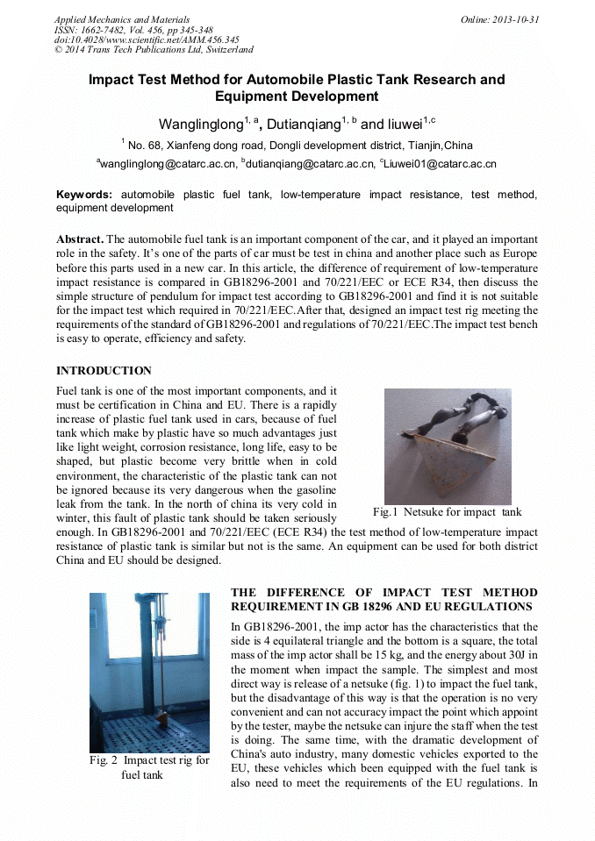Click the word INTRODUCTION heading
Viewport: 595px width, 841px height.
coord(104,371)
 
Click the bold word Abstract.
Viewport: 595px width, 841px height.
coord(80,239)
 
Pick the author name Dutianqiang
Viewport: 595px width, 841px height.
coord(303,124)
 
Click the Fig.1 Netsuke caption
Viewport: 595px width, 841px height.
coord(447,512)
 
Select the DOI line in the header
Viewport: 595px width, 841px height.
coord(147,39)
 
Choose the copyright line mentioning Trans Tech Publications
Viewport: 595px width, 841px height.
coord(154,50)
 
